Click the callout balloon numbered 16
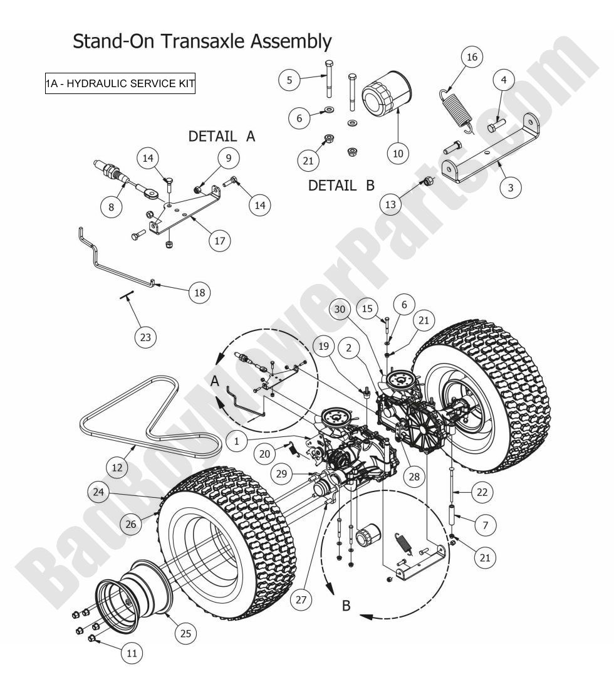pos(472,58)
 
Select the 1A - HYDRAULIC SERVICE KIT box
pos(120,83)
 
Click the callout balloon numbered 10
pos(398,152)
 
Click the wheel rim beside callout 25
pos(135,596)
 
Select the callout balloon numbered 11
pos(132,653)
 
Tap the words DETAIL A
pos(222,136)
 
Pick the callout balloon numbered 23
pos(145,337)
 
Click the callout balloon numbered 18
pos(199,292)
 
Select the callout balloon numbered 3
pos(513,187)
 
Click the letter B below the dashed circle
pos(346,608)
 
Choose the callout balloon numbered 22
pos(481,492)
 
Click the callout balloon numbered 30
pos(340,309)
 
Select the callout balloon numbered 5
pos(289,80)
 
